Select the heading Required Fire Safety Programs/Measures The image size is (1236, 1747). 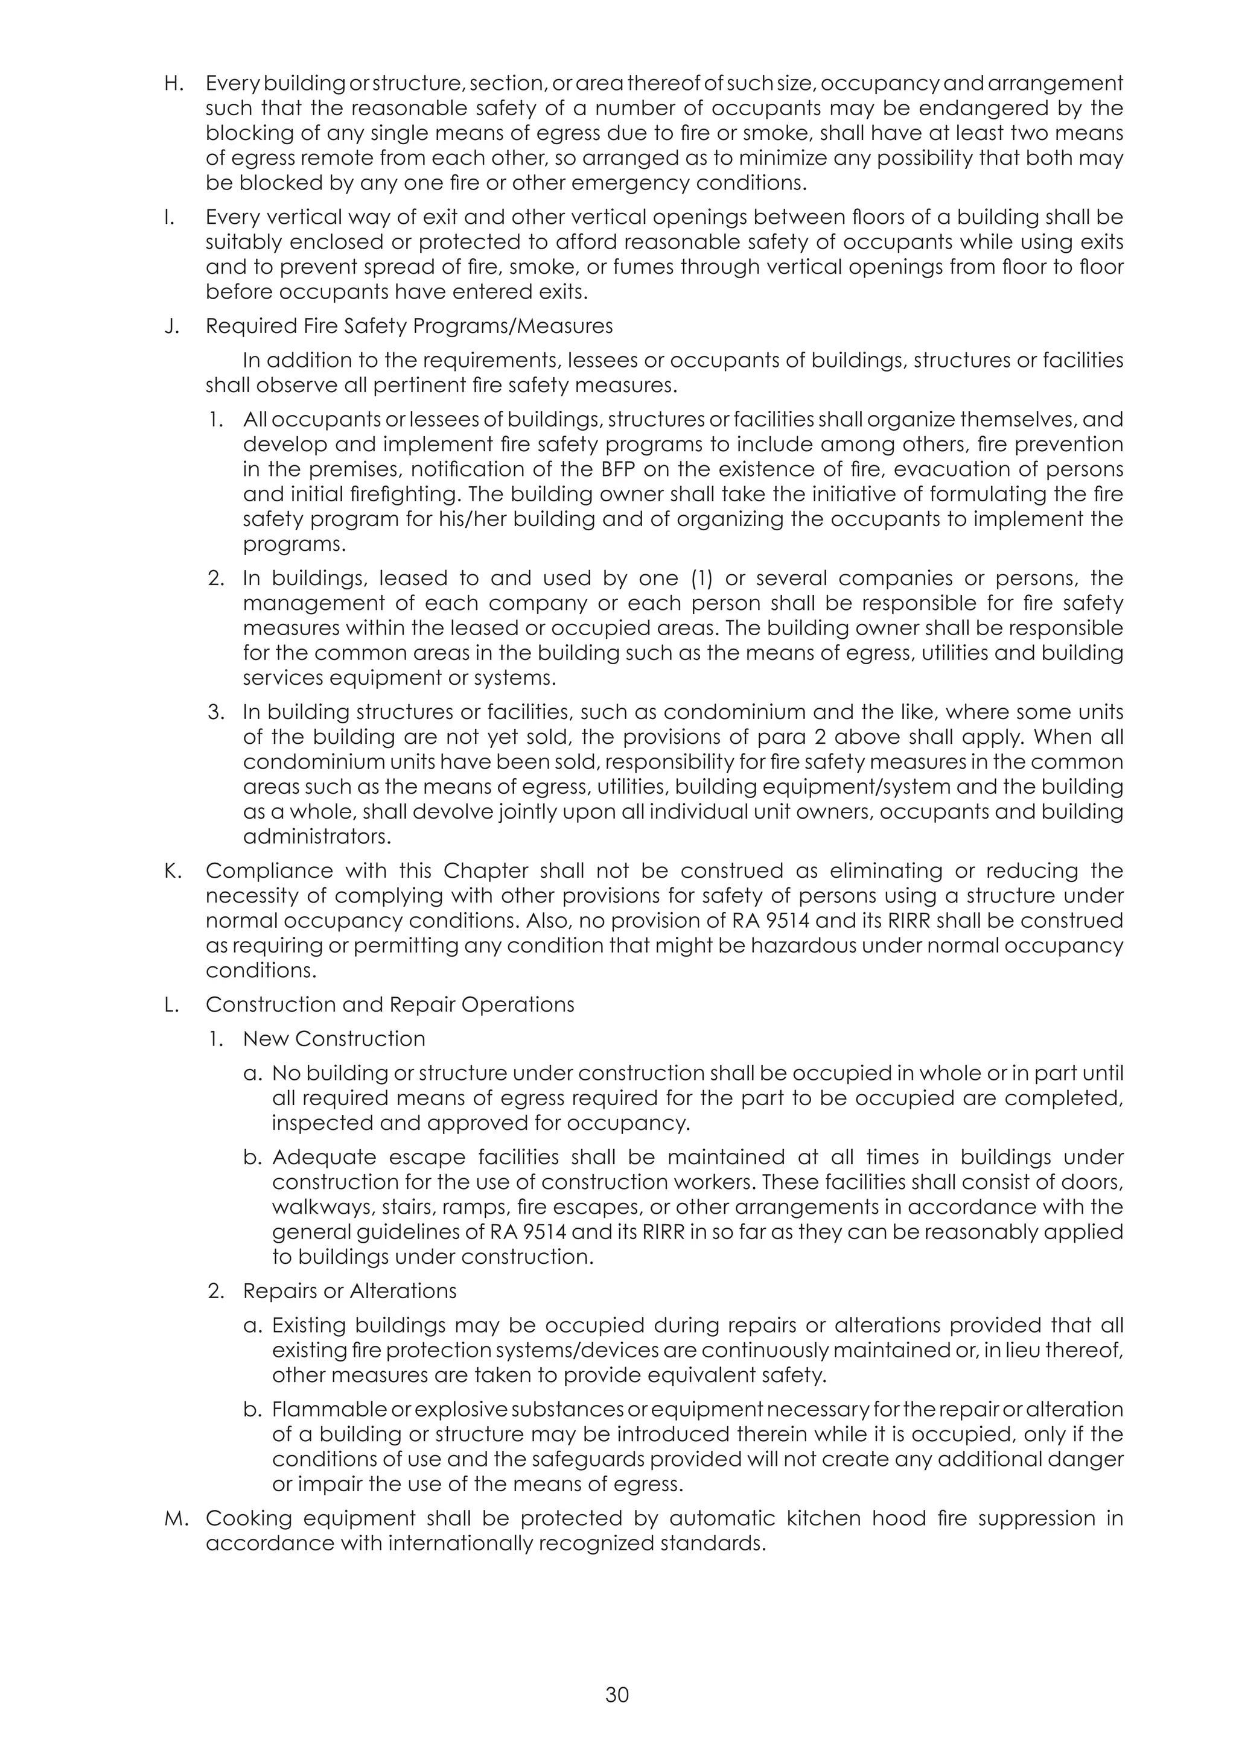point(409,326)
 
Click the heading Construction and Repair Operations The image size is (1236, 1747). point(390,1004)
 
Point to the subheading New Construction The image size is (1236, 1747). point(334,1039)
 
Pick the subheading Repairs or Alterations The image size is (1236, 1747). point(349,1291)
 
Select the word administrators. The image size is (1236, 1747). point(317,837)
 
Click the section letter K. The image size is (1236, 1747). point(172,870)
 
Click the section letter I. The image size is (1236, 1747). point(167,218)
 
